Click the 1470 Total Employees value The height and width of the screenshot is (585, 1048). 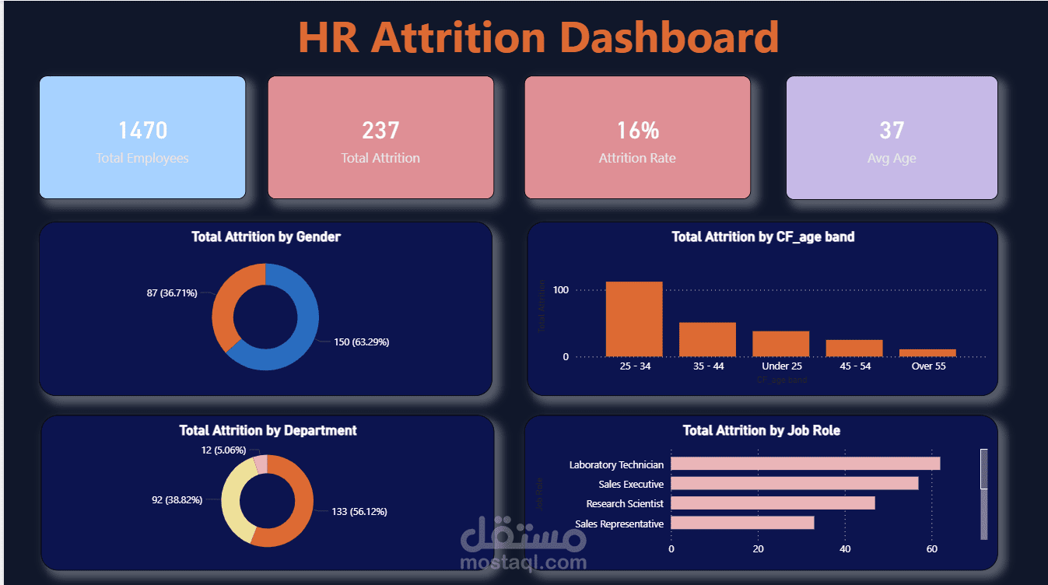click(x=142, y=131)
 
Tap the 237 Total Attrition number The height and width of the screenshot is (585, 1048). click(x=380, y=131)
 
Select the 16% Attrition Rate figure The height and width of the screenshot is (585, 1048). click(x=637, y=131)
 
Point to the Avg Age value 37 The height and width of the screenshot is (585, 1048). click(x=892, y=131)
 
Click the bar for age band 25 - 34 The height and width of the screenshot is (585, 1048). click(x=634, y=319)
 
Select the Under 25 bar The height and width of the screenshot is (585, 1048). click(x=780, y=344)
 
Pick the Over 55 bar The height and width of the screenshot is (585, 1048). click(x=927, y=353)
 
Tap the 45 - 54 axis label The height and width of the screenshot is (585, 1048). click(x=854, y=366)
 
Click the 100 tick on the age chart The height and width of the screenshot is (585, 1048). click(x=561, y=290)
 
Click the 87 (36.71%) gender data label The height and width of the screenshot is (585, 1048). click(x=172, y=293)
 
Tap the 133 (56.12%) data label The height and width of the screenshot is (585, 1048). click(x=359, y=511)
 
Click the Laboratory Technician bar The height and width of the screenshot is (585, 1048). click(x=805, y=464)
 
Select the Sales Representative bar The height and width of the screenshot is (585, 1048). click(x=742, y=523)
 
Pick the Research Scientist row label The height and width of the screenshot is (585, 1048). click(x=625, y=504)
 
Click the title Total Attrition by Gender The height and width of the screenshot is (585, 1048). click(x=266, y=236)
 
